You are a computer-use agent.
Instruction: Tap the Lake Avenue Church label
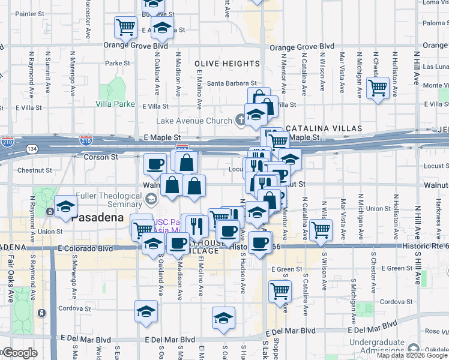pyautogui.click(x=194, y=121)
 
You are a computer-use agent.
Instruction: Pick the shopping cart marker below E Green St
pyautogui.click(x=280, y=291)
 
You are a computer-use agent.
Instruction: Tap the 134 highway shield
pyautogui.click(x=32, y=148)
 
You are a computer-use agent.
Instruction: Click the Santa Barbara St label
pyautogui.click(x=232, y=84)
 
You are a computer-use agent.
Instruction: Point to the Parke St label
pyautogui.click(x=118, y=63)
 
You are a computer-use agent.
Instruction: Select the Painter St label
pyautogui.click(x=27, y=14)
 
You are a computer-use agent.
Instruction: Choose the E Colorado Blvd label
pyautogui.click(x=85, y=248)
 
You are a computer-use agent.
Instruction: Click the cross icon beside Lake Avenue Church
pyautogui.click(x=240, y=121)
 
